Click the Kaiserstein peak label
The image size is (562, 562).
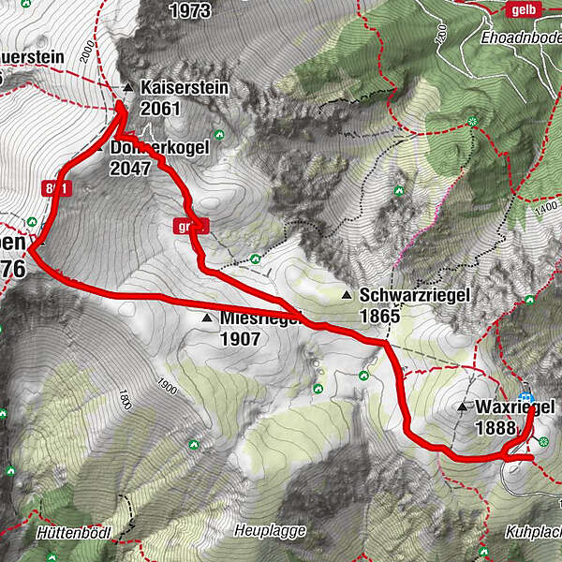tap(184, 87)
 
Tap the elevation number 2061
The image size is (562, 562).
tap(158, 109)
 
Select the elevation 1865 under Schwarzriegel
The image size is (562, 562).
tap(379, 317)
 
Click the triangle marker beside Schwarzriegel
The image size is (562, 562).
tap(348, 296)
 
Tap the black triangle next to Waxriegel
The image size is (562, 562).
tap(462, 407)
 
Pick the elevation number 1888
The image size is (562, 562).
tap(495, 428)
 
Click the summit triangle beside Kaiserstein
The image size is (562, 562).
tap(127, 88)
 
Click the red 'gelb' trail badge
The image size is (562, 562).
tap(523, 9)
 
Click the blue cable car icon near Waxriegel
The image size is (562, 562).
tap(526, 398)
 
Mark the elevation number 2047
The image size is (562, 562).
tap(129, 169)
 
